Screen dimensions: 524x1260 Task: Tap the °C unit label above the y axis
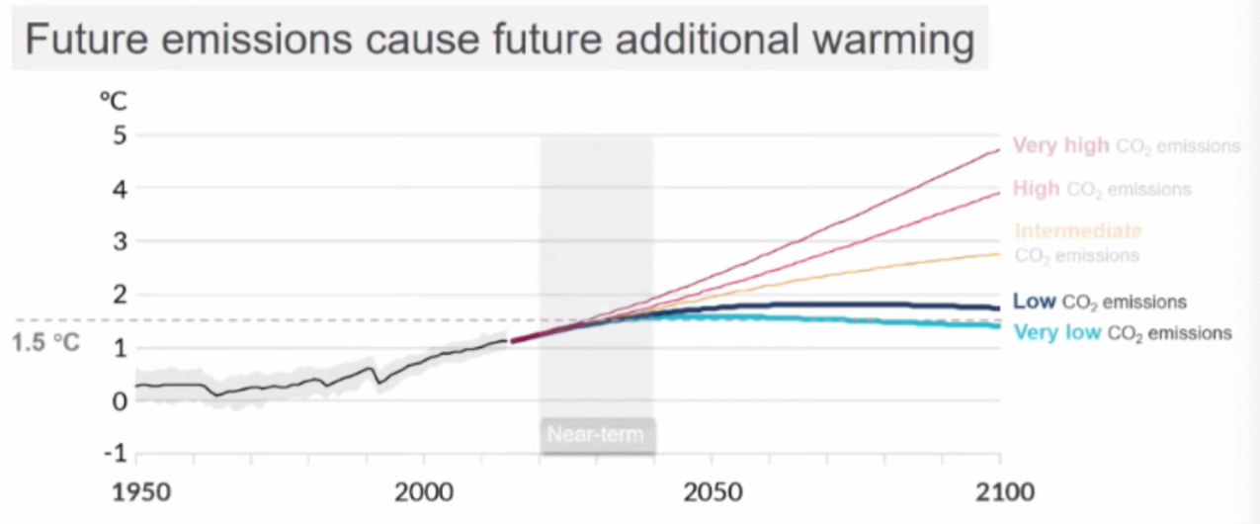pos(114,101)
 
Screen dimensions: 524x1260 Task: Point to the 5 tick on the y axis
pos(120,134)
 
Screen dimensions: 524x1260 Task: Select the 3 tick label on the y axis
pos(120,241)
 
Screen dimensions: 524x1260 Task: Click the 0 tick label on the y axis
pos(120,401)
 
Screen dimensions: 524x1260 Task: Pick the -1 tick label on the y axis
pos(115,455)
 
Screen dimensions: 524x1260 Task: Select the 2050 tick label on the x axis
pos(712,491)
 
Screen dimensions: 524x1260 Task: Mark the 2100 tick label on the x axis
pos(1000,491)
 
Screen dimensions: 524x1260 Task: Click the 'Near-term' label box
pos(596,435)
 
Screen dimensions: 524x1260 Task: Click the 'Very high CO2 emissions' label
pos(1127,146)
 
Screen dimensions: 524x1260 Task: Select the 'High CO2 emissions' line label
pos(1102,189)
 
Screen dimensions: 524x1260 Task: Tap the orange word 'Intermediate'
pos(1078,231)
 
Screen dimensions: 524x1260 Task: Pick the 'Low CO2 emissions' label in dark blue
pos(1100,302)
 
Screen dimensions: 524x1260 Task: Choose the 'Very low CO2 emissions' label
pos(1123,333)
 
